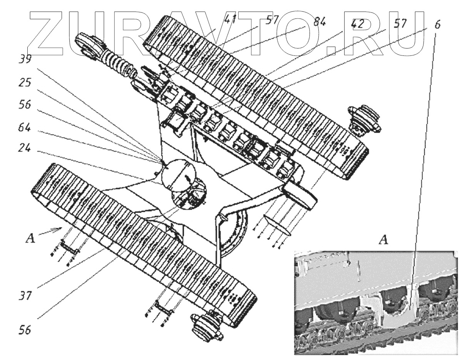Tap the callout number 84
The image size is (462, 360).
pos(319,22)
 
